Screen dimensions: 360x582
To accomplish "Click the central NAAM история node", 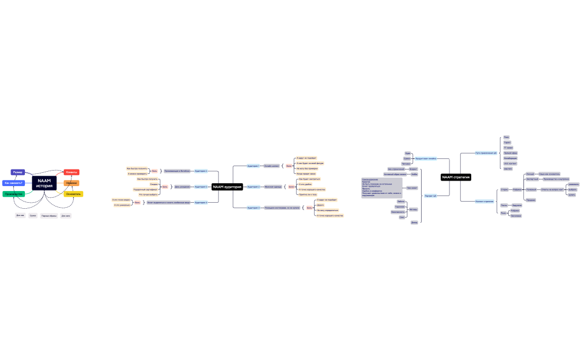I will (44, 183).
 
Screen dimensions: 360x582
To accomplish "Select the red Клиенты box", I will (72, 172).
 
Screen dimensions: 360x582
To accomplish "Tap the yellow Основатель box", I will (73, 194).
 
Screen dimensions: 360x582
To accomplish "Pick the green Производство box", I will (13, 194).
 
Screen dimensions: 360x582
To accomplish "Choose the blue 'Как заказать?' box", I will (13, 183).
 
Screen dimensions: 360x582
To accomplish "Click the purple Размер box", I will (18, 172).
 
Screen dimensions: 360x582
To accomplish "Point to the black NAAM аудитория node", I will (227, 187).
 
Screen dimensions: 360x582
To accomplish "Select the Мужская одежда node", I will (273, 187).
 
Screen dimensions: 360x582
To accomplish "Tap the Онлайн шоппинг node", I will (272, 166).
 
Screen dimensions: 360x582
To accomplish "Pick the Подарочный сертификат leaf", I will (146, 189).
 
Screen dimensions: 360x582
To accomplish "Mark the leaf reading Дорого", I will (320, 205).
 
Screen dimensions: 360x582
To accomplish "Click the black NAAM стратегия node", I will (456, 177).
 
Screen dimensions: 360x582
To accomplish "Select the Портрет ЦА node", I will (430, 196).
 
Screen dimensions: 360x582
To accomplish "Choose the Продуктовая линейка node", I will (426, 158).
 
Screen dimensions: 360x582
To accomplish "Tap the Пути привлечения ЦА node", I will (486, 153).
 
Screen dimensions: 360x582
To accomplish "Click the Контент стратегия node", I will (484, 201).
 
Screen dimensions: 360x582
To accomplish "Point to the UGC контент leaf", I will (510, 163).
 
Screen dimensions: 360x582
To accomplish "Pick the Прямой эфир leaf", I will (510, 153).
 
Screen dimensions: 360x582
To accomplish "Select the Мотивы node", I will (413, 209).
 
